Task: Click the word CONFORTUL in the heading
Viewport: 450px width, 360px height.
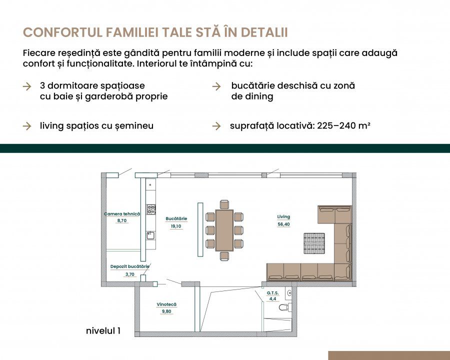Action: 63,32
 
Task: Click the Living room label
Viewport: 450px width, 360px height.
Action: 283,216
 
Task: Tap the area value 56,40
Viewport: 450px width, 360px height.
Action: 283,224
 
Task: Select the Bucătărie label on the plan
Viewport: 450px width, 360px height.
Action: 176,218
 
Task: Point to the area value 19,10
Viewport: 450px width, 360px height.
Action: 176,226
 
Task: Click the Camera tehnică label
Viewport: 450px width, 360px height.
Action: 122,214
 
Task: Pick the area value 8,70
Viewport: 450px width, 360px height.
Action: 121,221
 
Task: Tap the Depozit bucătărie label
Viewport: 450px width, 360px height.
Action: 129,266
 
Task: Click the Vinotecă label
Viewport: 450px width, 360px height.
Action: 166,304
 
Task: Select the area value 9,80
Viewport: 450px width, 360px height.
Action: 166,311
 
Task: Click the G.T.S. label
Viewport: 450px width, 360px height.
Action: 272,293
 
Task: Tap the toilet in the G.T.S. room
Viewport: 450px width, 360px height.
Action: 285,307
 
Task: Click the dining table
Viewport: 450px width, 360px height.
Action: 224,230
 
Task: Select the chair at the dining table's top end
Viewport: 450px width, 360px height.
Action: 224,204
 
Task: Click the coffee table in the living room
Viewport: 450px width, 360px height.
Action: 314,243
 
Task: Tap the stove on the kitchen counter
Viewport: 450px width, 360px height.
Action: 151,209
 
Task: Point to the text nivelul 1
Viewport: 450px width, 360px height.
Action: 103,330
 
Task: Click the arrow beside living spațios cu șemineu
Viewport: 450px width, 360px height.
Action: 27,126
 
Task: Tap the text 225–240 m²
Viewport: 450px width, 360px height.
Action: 343,125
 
